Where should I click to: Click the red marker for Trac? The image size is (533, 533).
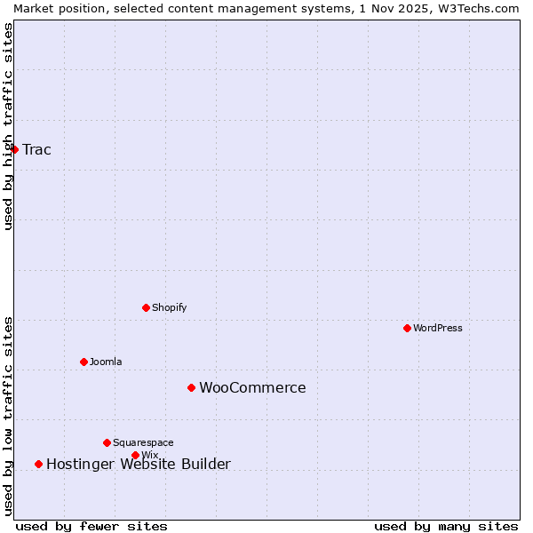[x=14, y=149]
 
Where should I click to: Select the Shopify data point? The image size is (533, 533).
[x=146, y=307]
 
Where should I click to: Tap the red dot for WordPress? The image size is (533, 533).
[x=407, y=328]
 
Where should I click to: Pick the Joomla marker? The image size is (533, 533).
[x=84, y=362]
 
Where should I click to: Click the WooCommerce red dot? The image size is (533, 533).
[x=191, y=387]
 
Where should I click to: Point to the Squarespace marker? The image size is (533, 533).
[x=107, y=442]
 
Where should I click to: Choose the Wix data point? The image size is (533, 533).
[x=135, y=455]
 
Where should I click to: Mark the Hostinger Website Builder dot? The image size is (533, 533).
[x=38, y=464]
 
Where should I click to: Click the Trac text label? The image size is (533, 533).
[x=36, y=149]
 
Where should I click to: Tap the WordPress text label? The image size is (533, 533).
[x=437, y=328]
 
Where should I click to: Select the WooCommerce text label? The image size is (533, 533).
[x=252, y=387]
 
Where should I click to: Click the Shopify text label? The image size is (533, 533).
[x=169, y=307]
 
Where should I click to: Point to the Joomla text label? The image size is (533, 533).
[x=106, y=362]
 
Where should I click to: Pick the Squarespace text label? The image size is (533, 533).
[x=143, y=442]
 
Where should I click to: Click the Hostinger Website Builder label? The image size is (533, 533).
[x=138, y=464]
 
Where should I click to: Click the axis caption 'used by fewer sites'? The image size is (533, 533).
[x=91, y=526]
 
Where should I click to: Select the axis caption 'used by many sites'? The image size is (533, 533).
[x=446, y=526]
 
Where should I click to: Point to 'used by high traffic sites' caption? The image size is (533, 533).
[x=8, y=126]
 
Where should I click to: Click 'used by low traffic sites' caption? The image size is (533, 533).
[x=8, y=416]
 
